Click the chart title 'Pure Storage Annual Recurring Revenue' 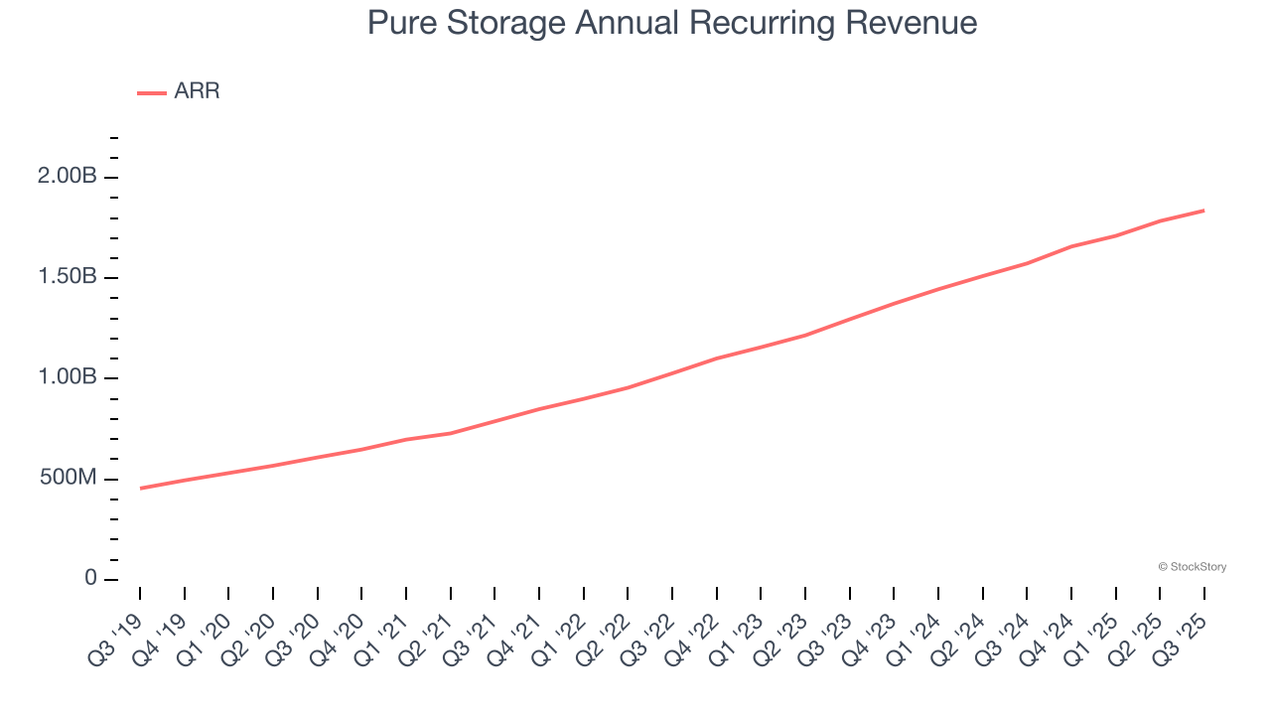(672, 23)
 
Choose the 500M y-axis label (69, 479)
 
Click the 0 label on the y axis (90, 579)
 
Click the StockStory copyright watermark (1192, 567)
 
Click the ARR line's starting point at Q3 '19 (140, 489)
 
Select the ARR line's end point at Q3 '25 (1204, 211)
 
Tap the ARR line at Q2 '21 (451, 433)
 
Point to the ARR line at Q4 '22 (717, 358)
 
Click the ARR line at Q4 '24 (1071, 246)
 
